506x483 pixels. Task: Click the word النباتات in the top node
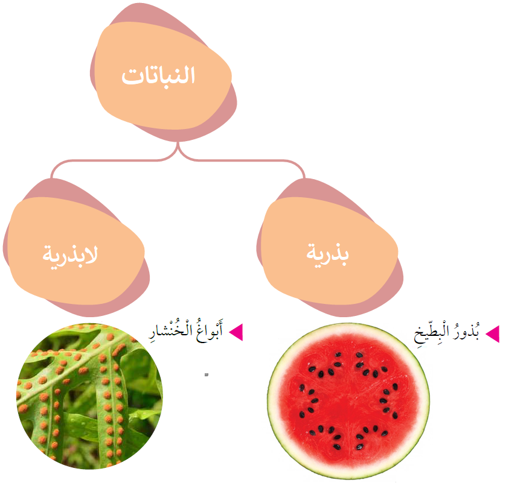point(158,76)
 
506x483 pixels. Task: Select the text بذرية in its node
point(327,254)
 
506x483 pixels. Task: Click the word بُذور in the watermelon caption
point(466,331)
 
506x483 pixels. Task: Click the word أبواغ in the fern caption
point(209,331)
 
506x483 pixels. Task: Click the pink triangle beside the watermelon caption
point(493,334)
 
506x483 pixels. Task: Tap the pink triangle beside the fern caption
point(236,332)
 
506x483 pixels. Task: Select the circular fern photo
point(90,396)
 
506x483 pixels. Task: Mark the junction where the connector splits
point(178,148)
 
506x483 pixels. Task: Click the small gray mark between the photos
point(207,374)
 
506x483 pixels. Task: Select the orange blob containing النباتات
point(164,76)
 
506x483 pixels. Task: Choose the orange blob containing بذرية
point(329,251)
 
